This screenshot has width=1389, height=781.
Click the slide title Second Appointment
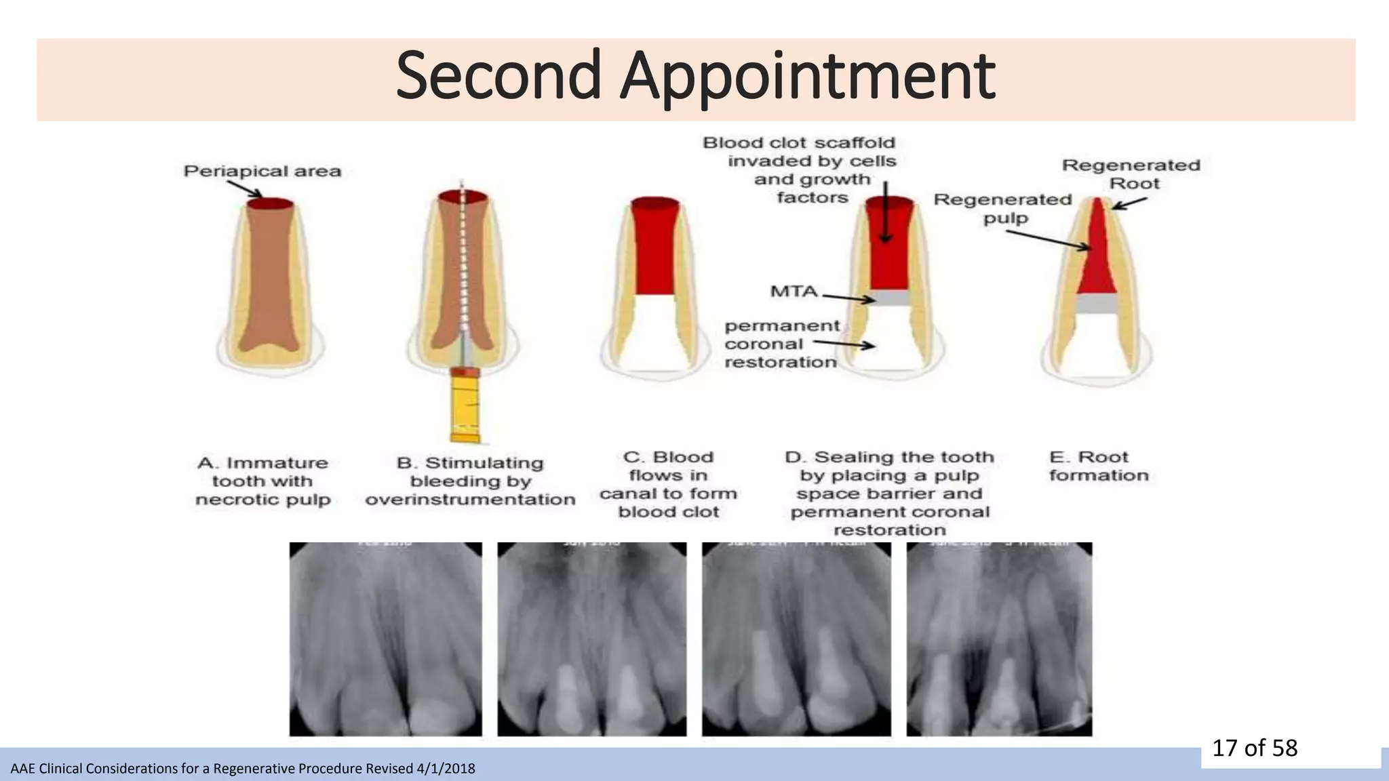[694, 76]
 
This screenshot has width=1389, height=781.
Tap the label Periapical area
[262, 171]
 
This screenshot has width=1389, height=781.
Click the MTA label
[794, 292]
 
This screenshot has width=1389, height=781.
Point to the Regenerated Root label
[1131, 174]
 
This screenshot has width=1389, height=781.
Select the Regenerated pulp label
[1003, 209]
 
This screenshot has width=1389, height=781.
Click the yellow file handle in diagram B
[466, 407]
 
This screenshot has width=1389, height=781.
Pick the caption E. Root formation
[1099, 466]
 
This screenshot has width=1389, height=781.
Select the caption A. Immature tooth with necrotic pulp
[262, 481]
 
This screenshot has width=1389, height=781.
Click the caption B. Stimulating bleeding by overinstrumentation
[470, 481]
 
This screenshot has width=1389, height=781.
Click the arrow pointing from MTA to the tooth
[848, 298]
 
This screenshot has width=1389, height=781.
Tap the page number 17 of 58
[1254, 748]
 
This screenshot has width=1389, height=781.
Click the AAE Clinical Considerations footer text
[243, 769]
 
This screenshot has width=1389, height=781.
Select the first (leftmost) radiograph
[385, 639]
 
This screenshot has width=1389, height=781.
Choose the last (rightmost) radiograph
[999, 639]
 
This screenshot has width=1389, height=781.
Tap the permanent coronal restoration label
[781, 344]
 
